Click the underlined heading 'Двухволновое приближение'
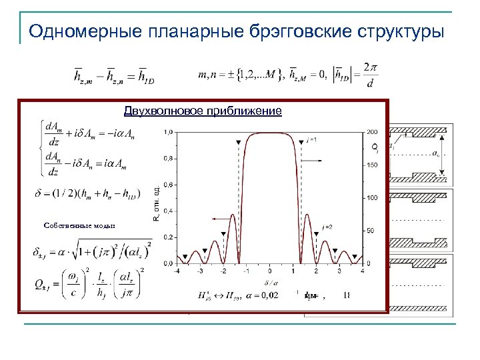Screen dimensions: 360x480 click(x=203, y=111)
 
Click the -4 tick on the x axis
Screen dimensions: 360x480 click(x=177, y=271)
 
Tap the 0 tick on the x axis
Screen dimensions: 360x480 click(x=270, y=271)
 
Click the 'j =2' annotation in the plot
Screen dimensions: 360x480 click(x=327, y=227)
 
